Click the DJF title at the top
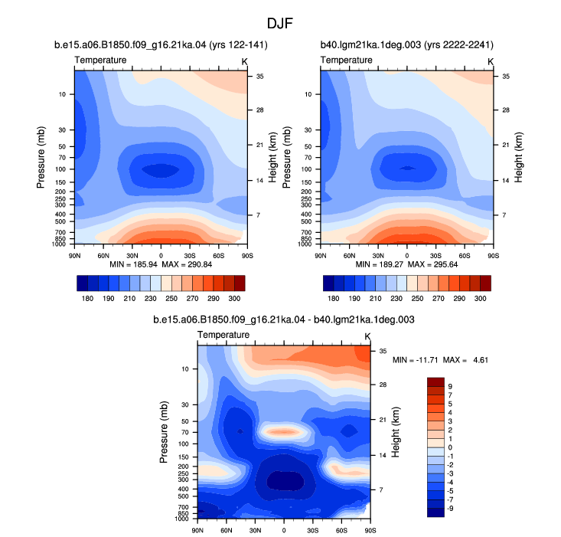[280, 24]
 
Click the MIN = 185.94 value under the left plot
[133, 264]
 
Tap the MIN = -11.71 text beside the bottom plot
[416, 360]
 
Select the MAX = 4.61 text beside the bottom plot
[465, 360]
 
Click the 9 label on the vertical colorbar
[450, 387]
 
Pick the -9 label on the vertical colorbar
[450, 509]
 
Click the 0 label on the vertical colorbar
[450, 447]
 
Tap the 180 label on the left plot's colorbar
[88, 299]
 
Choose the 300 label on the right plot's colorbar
[480, 299]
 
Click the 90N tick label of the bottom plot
[197, 530]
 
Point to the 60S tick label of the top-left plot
[219, 256]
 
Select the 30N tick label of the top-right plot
[378, 256]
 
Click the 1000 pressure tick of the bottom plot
[181, 519]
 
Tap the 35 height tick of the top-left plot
[259, 77]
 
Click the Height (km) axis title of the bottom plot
[396, 432]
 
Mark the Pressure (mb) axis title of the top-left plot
[41, 157]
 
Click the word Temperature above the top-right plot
[347, 60]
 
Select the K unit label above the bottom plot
[367, 336]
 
